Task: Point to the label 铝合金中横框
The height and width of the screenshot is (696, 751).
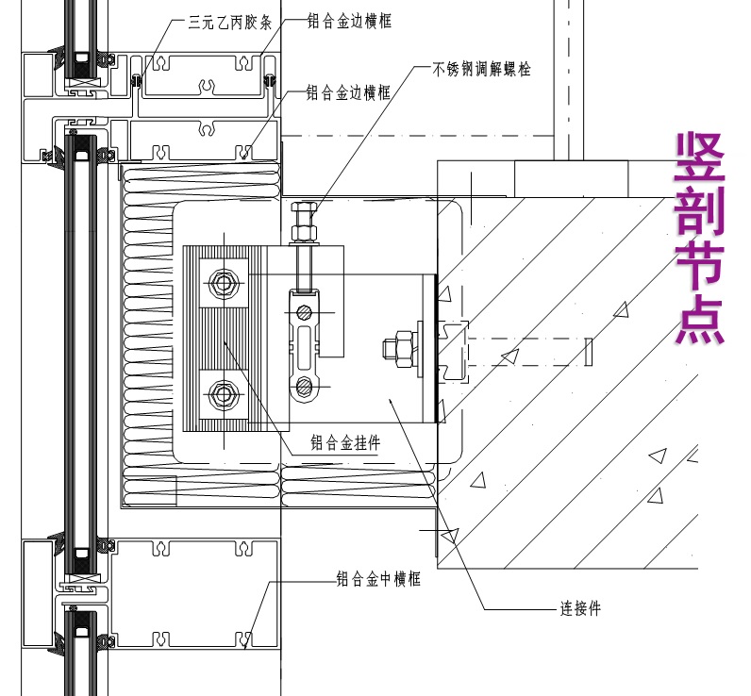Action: [x=378, y=579]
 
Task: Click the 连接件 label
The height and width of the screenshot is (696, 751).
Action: [x=580, y=609]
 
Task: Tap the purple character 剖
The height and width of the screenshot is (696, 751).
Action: [x=699, y=211]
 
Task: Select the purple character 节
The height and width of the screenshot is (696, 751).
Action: [x=699, y=266]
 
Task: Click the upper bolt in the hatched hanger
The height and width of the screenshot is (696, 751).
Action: [x=225, y=282]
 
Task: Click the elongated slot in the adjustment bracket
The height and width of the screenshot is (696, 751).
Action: [x=303, y=348]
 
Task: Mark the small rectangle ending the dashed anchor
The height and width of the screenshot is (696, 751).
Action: [x=587, y=352]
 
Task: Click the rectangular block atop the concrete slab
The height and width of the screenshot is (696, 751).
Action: [x=571, y=177]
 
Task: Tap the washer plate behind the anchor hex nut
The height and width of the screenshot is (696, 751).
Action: [x=418, y=349]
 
